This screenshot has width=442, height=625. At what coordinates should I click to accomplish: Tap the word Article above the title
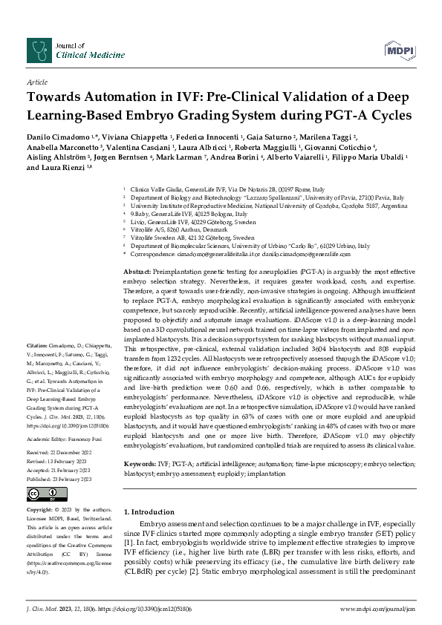coord(37,83)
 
